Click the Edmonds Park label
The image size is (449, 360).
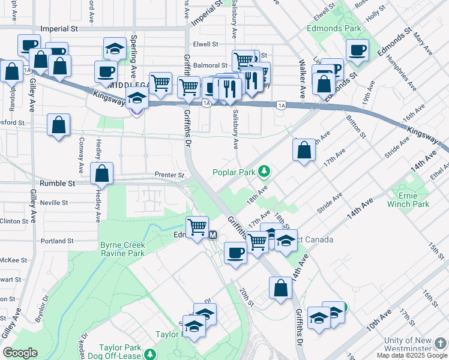coord(334,28)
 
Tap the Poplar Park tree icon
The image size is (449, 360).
coord(264,172)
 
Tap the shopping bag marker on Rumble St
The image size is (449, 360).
coord(102,173)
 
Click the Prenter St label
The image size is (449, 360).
coord(169,175)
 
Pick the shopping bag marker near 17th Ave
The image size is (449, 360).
coord(304,150)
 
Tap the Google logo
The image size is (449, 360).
coord(20,353)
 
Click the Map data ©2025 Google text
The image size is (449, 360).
coord(412,355)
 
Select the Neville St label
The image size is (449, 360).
coord(54,203)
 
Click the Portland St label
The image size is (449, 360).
coord(57,241)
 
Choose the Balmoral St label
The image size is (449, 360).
coord(210,65)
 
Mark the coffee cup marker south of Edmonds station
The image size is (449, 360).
coord(235,253)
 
